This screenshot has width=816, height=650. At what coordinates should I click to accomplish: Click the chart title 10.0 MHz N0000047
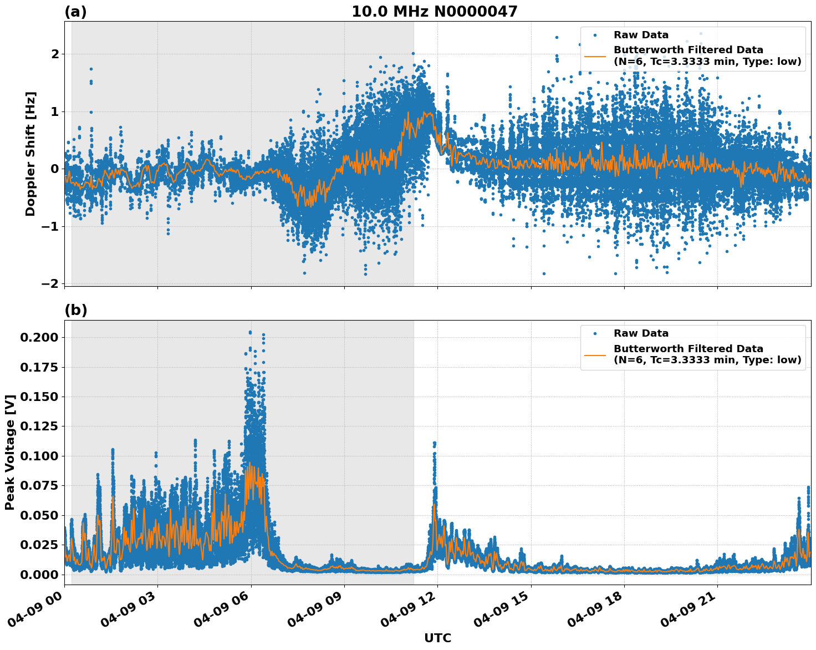[x=434, y=12]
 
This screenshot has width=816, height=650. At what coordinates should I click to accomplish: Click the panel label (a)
[x=75, y=12]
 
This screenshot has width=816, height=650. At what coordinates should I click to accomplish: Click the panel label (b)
[x=75, y=310]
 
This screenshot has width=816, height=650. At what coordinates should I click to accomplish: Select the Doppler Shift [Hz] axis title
[x=30, y=154]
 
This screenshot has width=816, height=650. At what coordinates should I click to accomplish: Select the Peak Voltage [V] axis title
[x=9, y=452]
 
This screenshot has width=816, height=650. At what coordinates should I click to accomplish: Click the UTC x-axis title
[x=437, y=638]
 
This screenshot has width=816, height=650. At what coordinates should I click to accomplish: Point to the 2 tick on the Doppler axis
[x=55, y=54]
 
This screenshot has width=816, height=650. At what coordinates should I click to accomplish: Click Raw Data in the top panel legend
[x=641, y=35]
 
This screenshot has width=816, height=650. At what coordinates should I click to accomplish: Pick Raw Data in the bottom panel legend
[x=641, y=333]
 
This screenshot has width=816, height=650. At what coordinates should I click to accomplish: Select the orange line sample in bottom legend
[x=595, y=354]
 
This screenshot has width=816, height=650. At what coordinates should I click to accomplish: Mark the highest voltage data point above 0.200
[x=250, y=332]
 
